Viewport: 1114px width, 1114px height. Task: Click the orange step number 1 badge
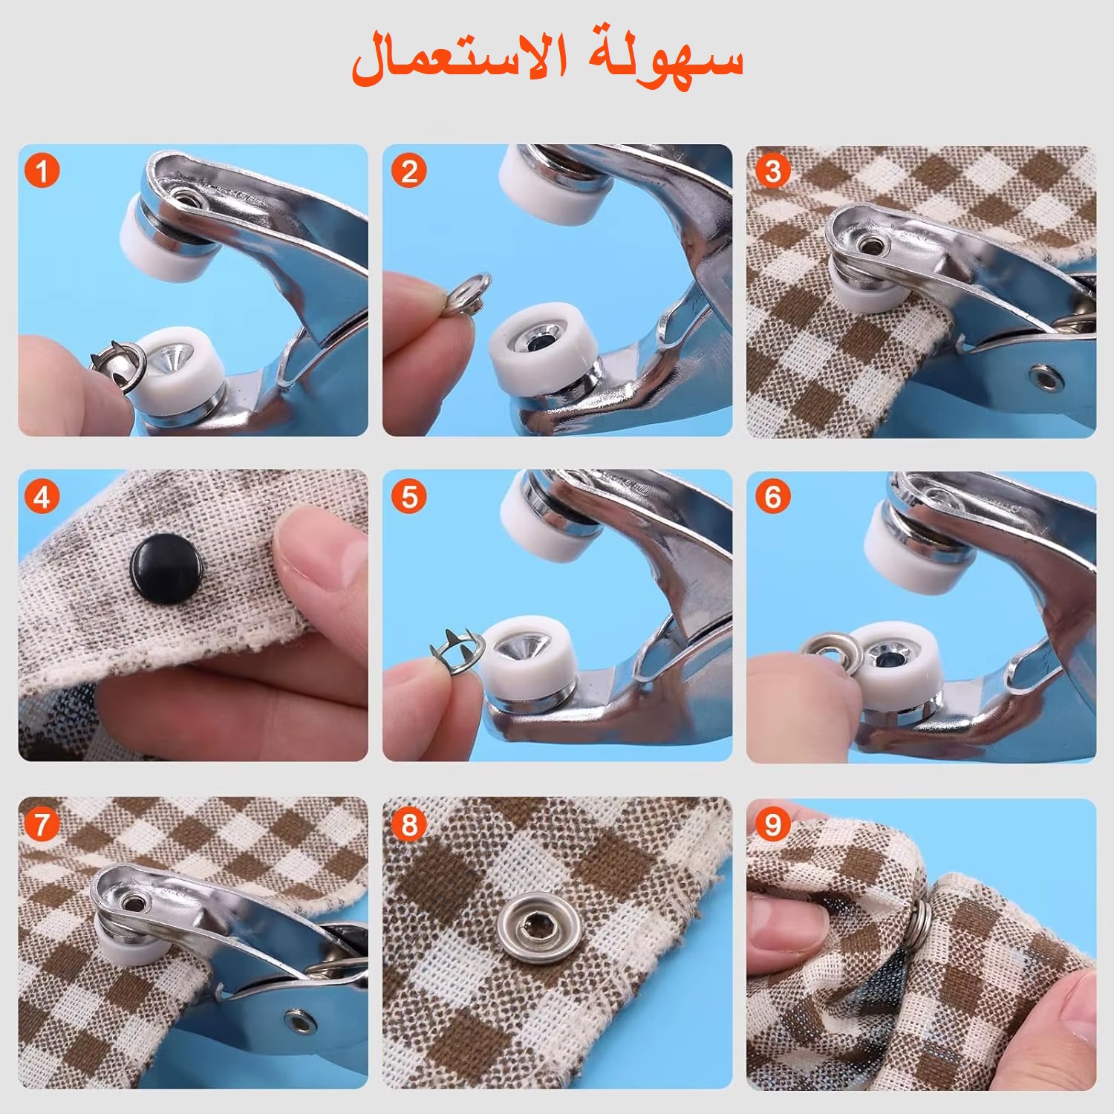pos(42,172)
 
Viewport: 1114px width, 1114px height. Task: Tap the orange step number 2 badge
pos(409,172)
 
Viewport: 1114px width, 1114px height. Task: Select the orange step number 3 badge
pos(773,172)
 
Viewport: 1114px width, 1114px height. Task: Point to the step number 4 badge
pos(42,497)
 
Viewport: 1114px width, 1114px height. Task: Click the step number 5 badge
pos(409,497)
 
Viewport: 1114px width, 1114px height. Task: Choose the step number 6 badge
pos(773,497)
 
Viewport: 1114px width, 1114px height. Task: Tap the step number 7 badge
pos(42,824)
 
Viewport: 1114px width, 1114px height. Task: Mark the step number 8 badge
pos(409,824)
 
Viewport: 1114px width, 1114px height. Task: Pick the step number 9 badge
pos(773,824)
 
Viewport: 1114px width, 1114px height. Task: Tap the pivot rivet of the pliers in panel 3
pos(1047,377)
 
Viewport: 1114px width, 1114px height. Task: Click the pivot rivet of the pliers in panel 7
pos(302,1022)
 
